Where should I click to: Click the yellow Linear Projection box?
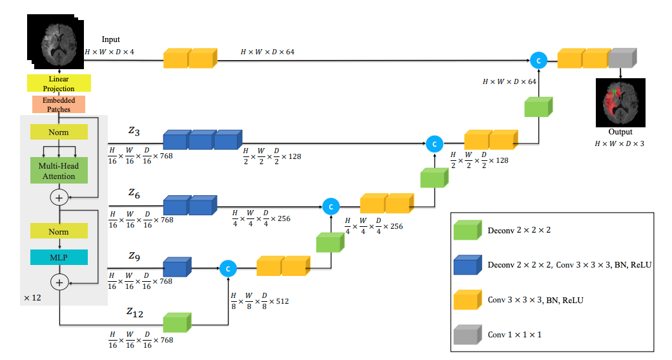(x=59, y=83)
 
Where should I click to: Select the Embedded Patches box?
(x=59, y=105)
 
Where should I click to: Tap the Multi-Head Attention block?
(x=59, y=171)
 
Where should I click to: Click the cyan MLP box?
(x=59, y=257)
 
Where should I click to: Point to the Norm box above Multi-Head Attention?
(x=59, y=132)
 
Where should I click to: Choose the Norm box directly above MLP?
(x=59, y=231)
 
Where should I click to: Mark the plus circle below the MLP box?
(x=59, y=282)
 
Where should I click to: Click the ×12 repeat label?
(x=32, y=298)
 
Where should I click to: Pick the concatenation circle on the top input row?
(x=538, y=60)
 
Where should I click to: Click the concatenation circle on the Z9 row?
(x=228, y=267)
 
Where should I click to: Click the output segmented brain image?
(x=620, y=103)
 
